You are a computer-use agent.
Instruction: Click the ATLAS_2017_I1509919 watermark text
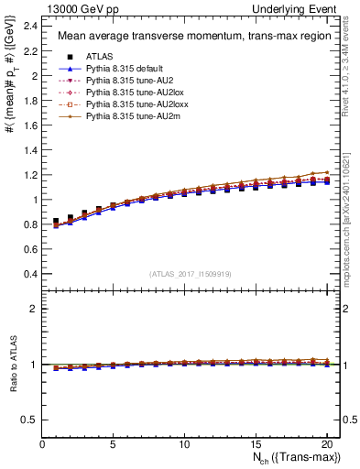click(x=191, y=274)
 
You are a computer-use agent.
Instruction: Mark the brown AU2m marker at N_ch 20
click(x=325, y=172)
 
